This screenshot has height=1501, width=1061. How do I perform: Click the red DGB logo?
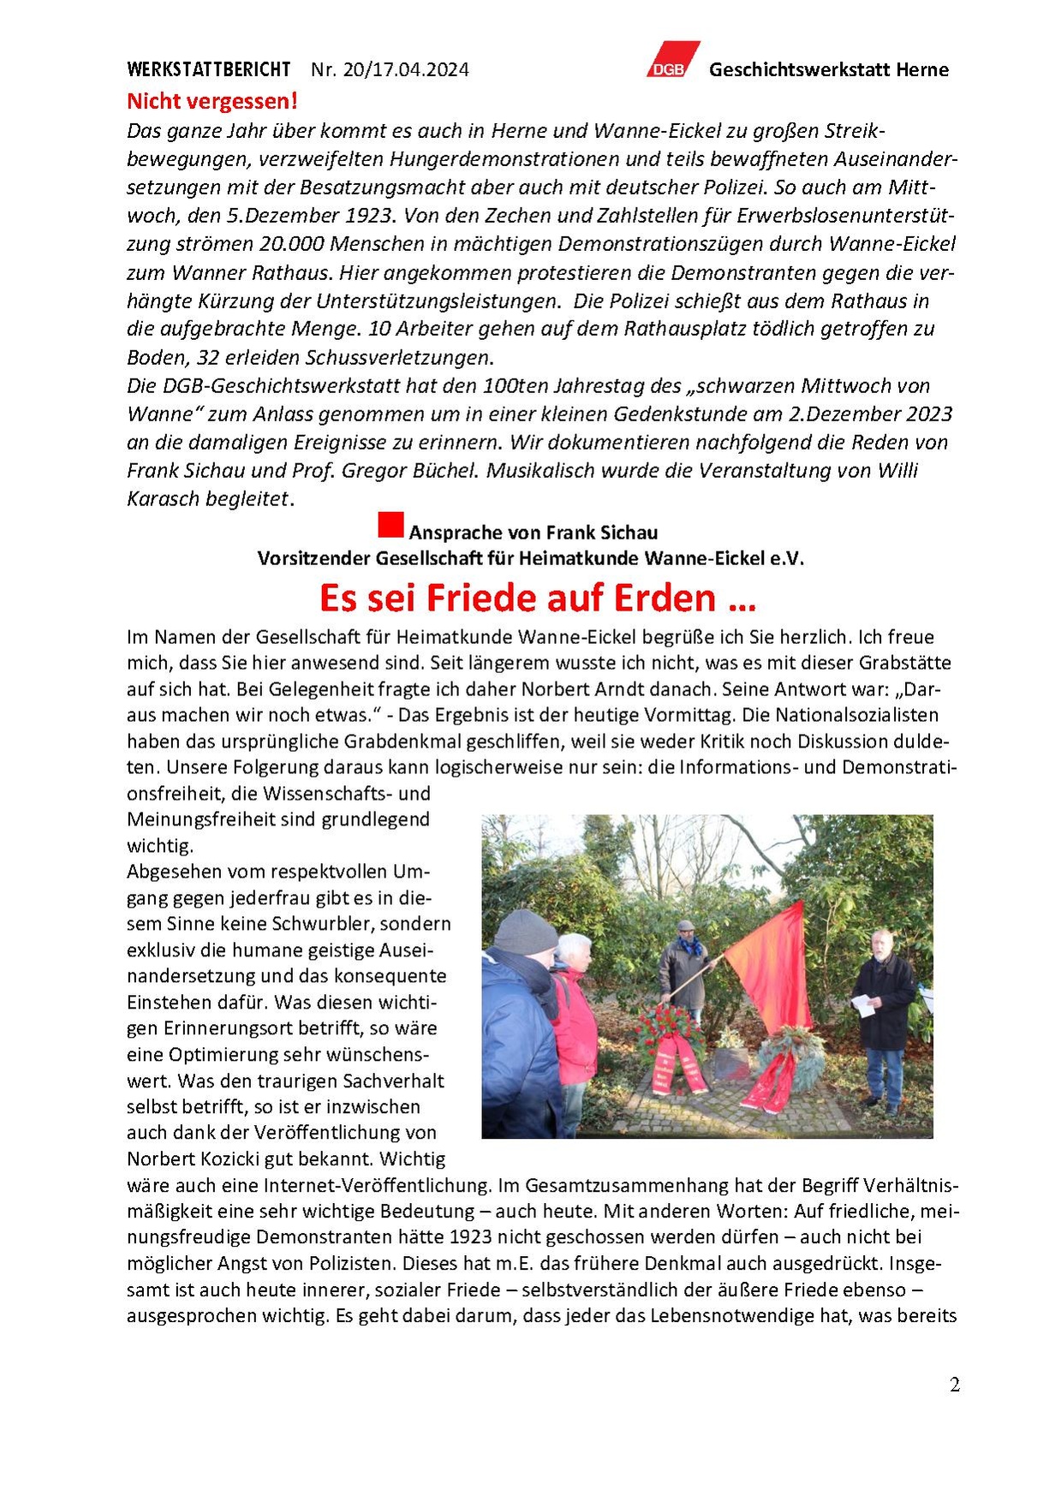click(x=672, y=60)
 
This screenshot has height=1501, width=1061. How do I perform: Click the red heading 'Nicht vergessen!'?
click(x=212, y=101)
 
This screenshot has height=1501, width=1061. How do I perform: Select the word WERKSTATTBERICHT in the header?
click(x=209, y=69)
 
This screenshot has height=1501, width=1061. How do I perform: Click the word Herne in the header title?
click(x=921, y=69)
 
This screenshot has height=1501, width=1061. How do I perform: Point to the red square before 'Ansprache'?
click(x=390, y=525)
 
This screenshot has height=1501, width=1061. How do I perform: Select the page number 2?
click(x=954, y=1385)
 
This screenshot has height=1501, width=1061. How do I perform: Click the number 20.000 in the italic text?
click(x=291, y=244)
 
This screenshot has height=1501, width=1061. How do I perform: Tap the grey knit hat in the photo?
click(x=525, y=931)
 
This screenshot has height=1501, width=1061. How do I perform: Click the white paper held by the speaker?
click(x=865, y=1006)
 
